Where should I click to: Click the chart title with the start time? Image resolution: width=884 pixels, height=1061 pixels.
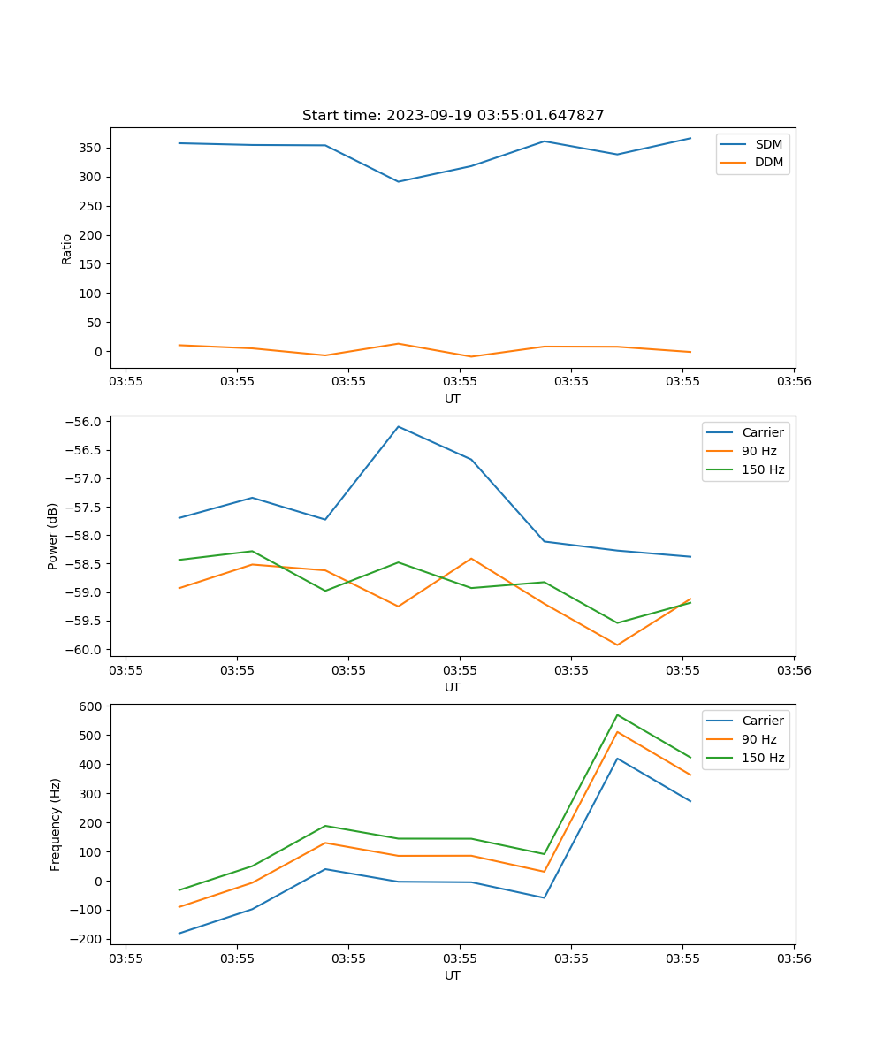(453, 116)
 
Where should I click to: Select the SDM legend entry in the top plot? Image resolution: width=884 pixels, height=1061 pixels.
(768, 144)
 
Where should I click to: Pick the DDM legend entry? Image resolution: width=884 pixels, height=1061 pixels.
(768, 162)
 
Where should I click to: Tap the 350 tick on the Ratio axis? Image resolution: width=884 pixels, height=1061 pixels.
(91, 148)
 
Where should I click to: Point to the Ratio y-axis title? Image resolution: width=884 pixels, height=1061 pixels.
(66, 248)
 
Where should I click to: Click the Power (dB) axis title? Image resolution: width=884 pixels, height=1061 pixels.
(53, 536)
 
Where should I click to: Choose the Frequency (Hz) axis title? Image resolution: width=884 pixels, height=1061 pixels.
(55, 824)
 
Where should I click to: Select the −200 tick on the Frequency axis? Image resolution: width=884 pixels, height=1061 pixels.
(88, 939)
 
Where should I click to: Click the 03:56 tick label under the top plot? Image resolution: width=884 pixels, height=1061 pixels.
(793, 382)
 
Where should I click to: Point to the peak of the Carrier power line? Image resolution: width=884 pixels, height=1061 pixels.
(398, 426)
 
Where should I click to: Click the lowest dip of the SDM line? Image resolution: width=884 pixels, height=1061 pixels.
(398, 182)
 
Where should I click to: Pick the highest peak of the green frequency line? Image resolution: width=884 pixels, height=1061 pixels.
(617, 714)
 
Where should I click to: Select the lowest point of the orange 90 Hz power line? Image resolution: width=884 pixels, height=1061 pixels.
(617, 645)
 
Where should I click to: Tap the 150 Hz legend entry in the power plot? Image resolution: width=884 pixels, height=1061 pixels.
(762, 469)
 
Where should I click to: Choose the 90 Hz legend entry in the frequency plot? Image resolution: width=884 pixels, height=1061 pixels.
(758, 739)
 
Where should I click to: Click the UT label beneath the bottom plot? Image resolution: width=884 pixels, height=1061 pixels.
(453, 975)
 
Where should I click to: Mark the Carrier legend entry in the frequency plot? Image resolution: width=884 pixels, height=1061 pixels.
(762, 721)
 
